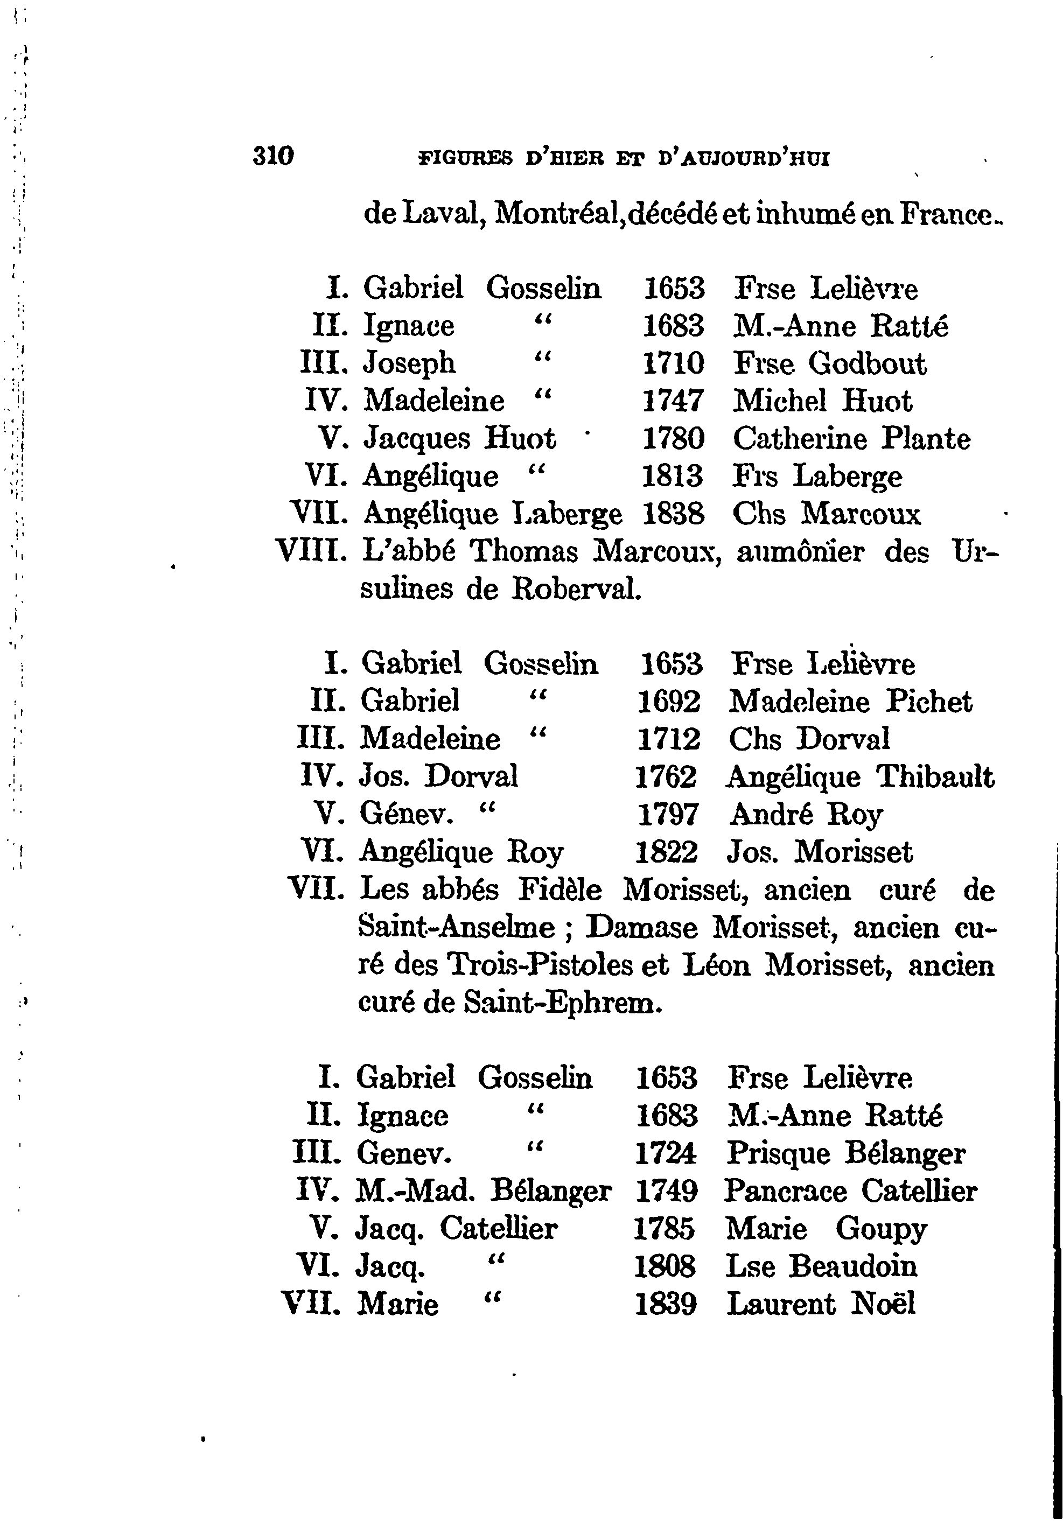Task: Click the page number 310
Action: click(x=274, y=157)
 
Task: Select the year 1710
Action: click(x=673, y=363)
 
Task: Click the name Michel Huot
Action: click(x=822, y=401)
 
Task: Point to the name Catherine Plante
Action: click(x=851, y=438)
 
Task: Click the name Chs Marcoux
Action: click(x=827, y=514)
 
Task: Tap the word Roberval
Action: click(x=576, y=589)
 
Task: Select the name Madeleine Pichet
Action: click(x=850, y=702)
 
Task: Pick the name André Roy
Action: click(x=806, y=814)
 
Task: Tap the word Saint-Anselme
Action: click(x=456, y=927)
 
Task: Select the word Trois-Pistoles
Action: click(x=540, y=965)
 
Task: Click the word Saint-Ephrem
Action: click(x=563, y=1002)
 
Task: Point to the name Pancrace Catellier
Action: click(x=850, y=1191)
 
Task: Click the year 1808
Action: click(x=665, y=1266)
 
